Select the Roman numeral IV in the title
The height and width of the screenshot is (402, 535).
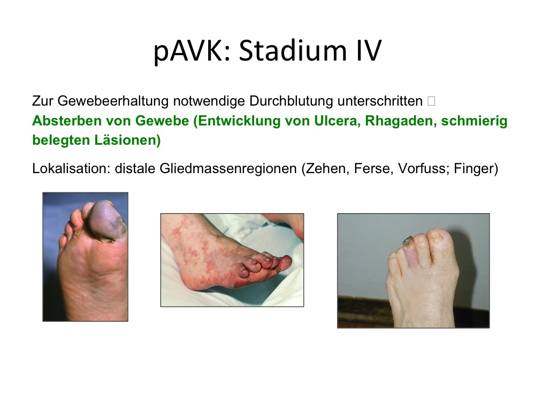click(x=368, y=50)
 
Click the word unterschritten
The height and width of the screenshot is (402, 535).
click(x=380, y=101)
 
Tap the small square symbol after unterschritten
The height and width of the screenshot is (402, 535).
click(x=431, y=101)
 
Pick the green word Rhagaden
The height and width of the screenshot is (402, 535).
click(x=401, y=121)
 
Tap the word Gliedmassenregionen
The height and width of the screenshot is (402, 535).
click(x=228, y=169)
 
